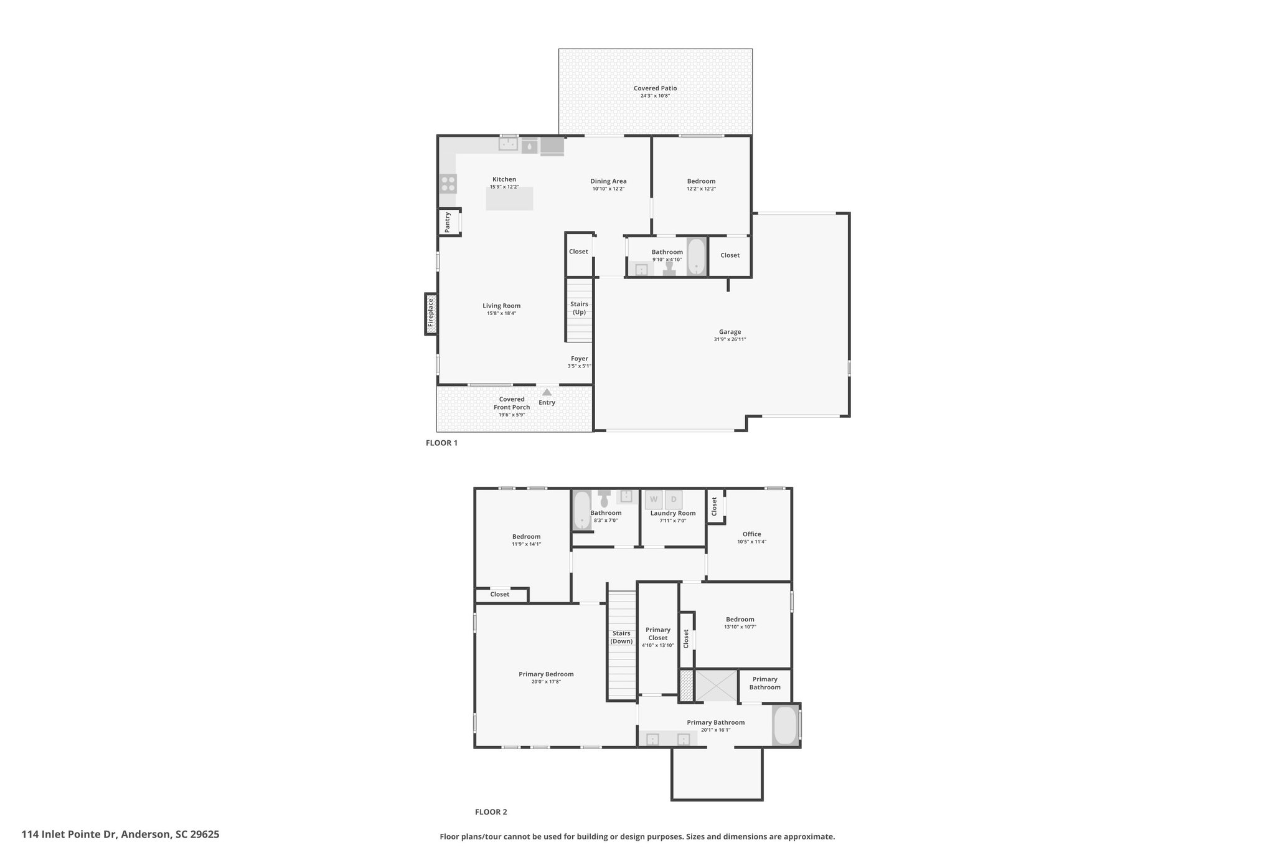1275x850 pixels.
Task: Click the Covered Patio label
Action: click(655, 88)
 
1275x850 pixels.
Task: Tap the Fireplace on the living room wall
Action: click(431, 314)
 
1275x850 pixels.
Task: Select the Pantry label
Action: click(448, 222)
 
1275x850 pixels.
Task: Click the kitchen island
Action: click(509, 199)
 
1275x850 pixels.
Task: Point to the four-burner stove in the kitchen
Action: click(448, 184)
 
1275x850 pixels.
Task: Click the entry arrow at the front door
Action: click(547, 392)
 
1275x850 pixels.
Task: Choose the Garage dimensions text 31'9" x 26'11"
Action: click(730, 339)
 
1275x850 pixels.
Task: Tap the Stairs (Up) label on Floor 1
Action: click(580, 308)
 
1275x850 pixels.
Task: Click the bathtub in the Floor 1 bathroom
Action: click(696, 257)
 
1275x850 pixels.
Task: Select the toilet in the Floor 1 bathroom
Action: click(670, 268)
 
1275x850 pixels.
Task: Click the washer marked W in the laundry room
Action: click(654, 499)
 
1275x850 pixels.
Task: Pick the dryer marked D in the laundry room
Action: click(674, 499)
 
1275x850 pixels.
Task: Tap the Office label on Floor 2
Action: click(751, 534)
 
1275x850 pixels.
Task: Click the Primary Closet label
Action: click(658, 634)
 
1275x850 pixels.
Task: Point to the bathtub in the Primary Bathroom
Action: click(786, 725)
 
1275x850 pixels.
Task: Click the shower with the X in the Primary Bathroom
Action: click(716, 686)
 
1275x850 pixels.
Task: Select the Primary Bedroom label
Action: click(546, 674)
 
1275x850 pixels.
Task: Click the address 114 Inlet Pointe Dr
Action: click(68, 834)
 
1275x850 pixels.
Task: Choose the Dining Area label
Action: click(608, 182)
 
